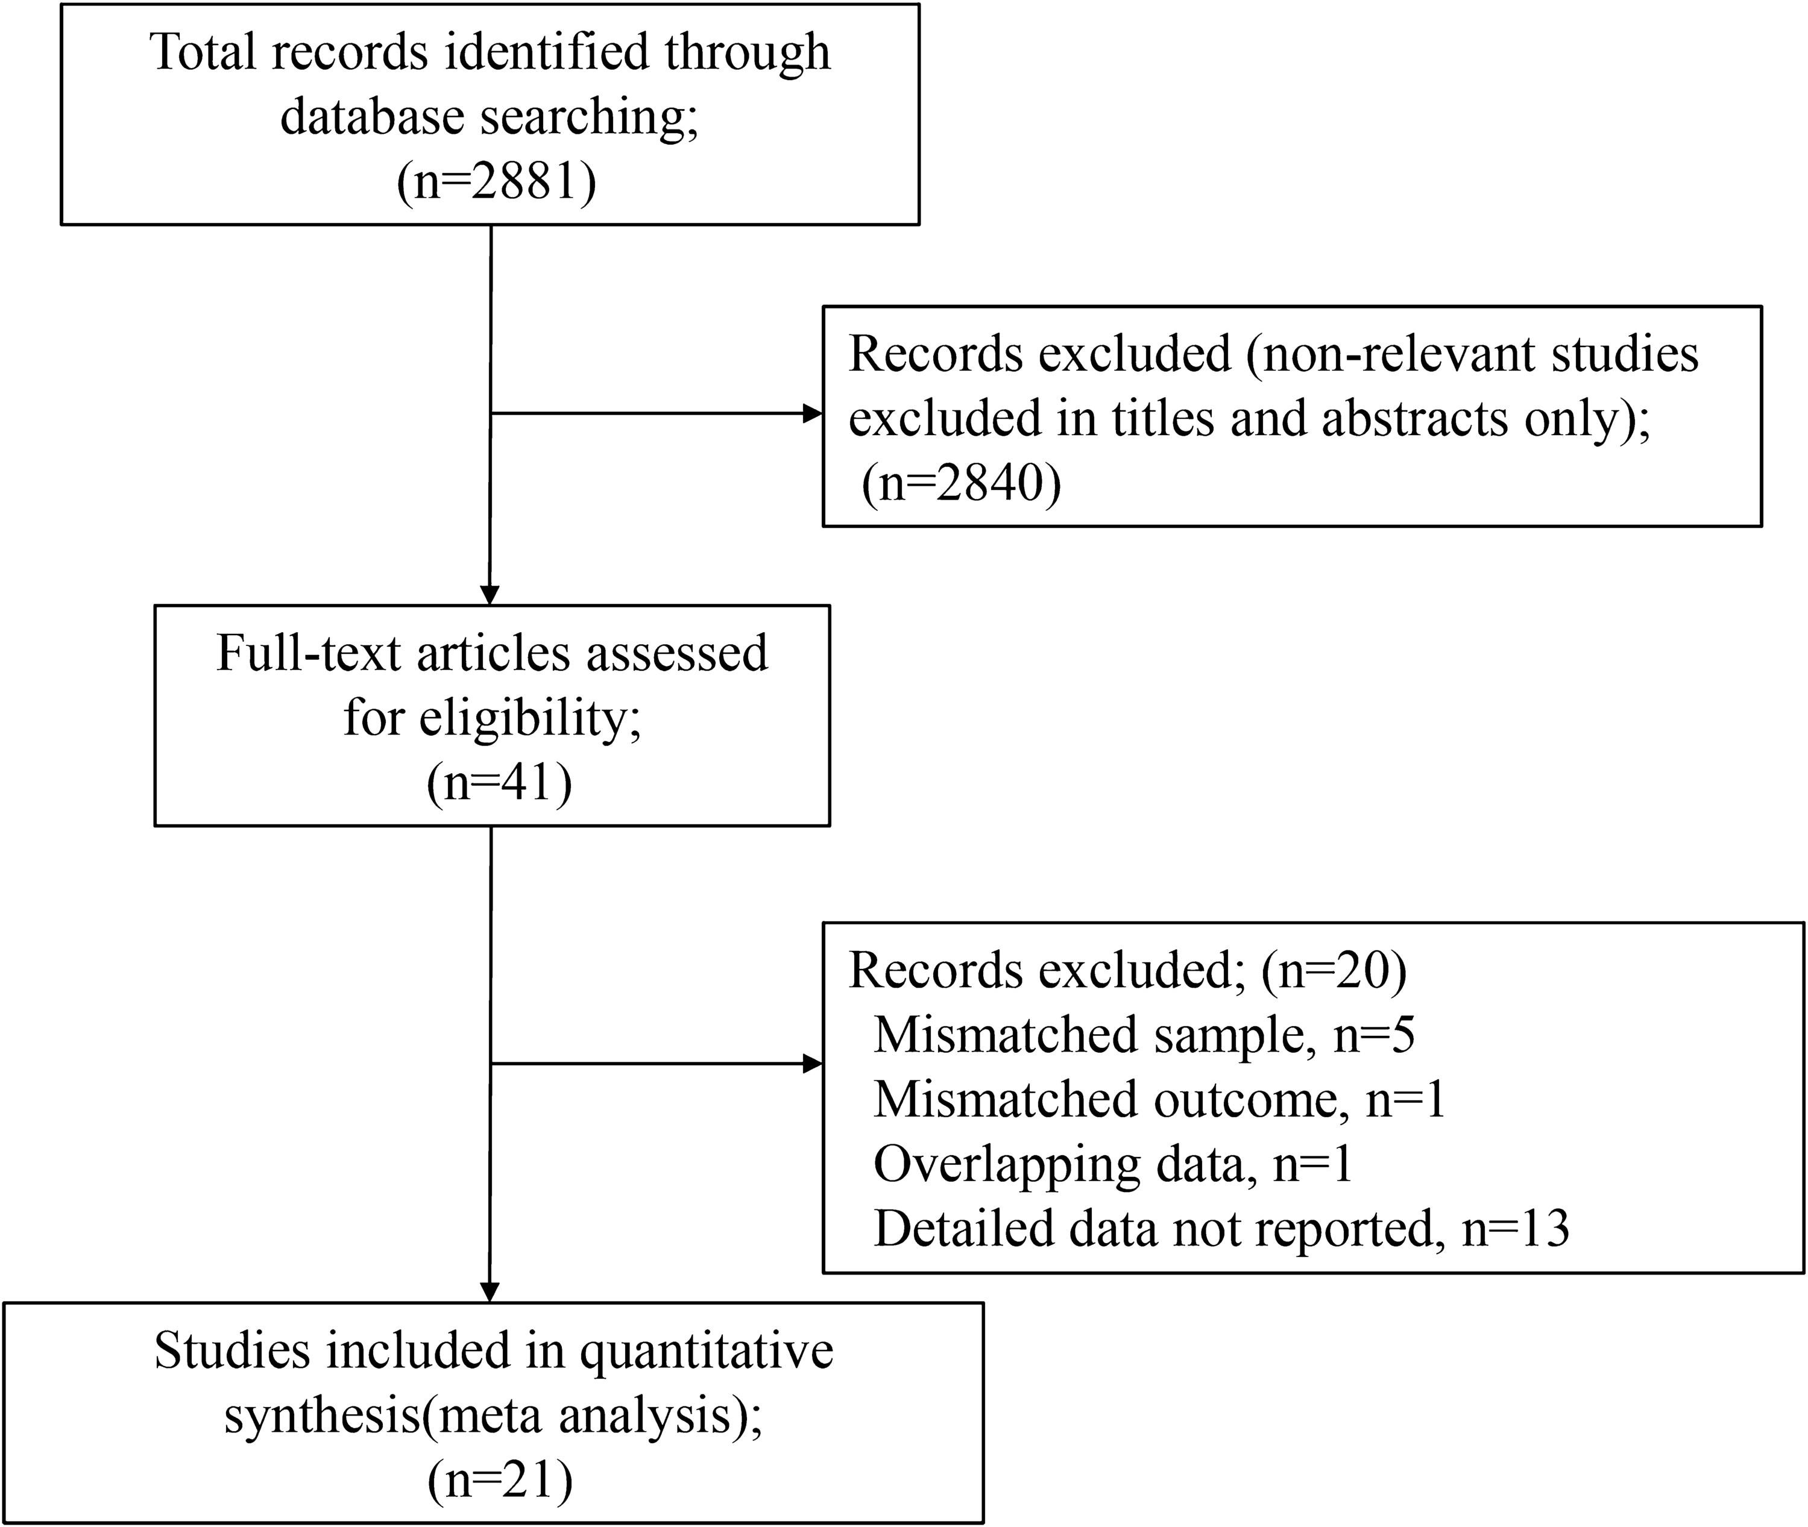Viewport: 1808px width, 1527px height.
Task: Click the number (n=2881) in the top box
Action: click(496, 182)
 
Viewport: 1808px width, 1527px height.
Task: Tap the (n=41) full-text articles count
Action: click(499, 783)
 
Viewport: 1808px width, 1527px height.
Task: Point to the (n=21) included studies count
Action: click(500, 1479)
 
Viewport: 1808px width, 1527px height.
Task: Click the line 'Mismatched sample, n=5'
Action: click(1144, 1035)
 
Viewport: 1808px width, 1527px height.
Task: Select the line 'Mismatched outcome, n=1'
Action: click(1159, 1099)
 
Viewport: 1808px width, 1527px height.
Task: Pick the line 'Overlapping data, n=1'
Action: click(1113, 1164)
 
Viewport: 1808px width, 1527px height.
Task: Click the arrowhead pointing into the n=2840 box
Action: click(812, 414)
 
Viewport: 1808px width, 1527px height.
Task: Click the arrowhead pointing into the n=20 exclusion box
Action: click(812, 1064)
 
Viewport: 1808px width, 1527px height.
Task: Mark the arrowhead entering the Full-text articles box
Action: click(490, 595)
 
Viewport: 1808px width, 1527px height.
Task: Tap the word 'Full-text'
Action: click(308, 653)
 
